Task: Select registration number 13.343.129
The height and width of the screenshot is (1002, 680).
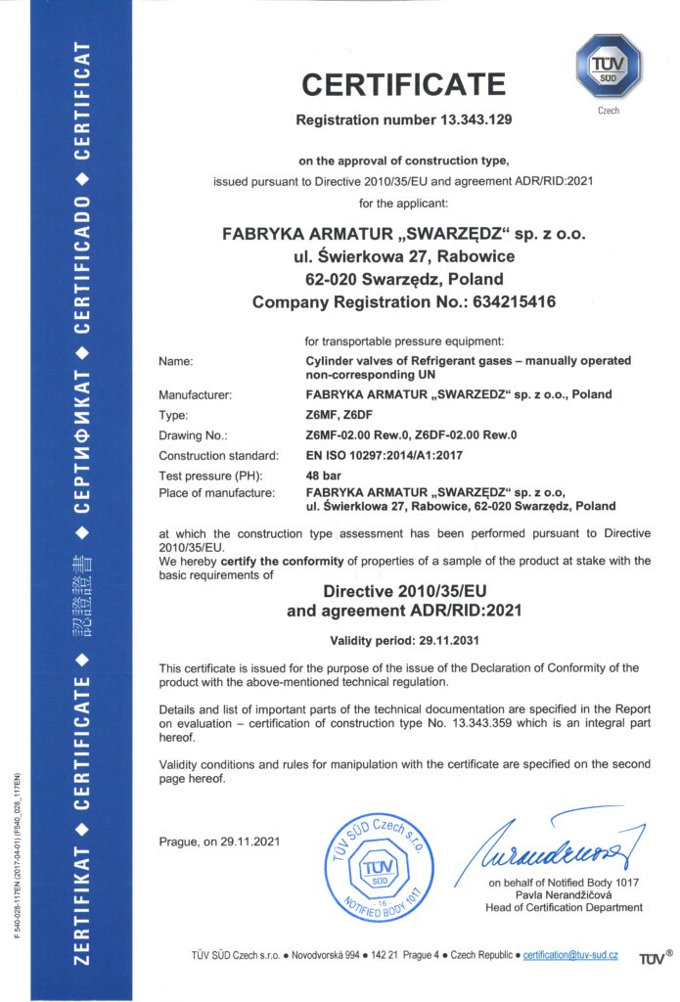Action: [x=463, y=120]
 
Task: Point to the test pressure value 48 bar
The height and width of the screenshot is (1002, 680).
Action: [x=322, y=475]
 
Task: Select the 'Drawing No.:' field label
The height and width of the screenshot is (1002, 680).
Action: [x=193, y=435]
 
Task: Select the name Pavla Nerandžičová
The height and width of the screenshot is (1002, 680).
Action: [x=564, y=894]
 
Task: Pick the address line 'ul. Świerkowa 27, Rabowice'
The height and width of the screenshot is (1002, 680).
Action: [x=404, y=256]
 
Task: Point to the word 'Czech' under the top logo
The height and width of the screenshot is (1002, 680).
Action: [x=609, y=111]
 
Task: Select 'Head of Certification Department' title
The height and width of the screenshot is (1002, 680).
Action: [x=564, y=907]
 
